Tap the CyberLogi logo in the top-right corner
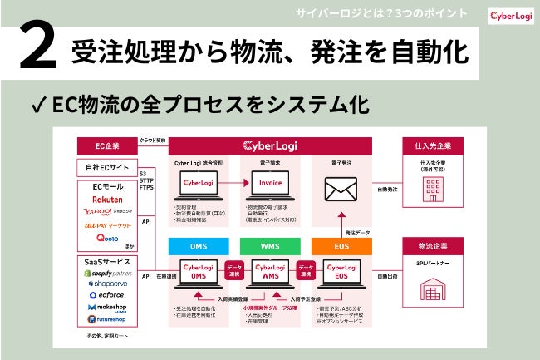[508, 15]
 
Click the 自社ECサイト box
[106, 167]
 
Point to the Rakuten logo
[108, 200]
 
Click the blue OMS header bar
[199, 245]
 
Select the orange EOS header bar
[341, 245]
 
